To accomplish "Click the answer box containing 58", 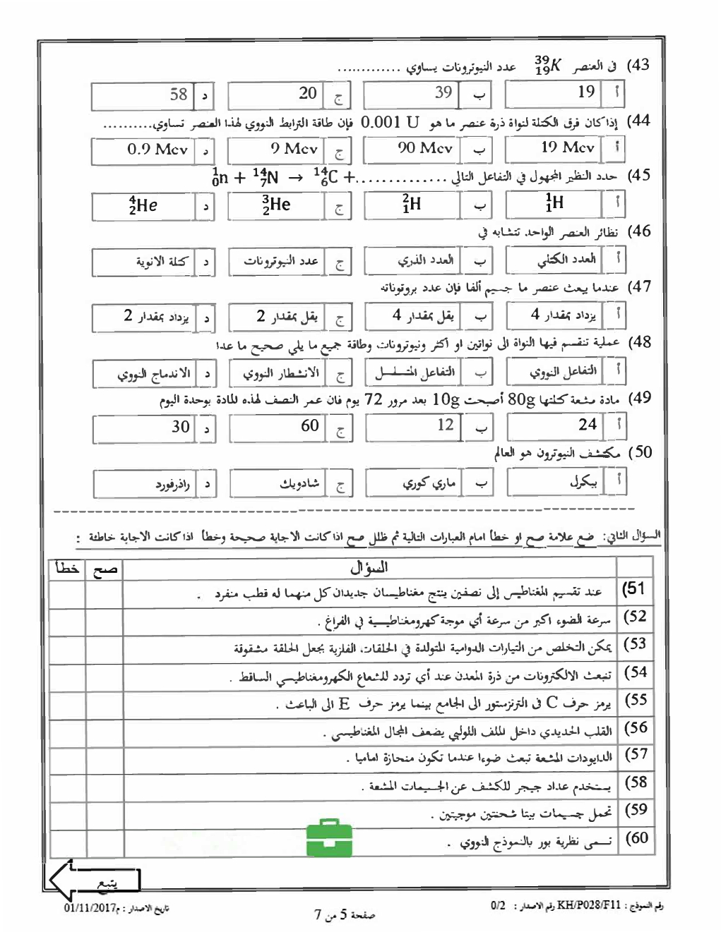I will [144, 95].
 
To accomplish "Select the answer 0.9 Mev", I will [144, 150].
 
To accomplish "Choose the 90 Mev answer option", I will [412, 149].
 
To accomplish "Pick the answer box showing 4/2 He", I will [144, 205].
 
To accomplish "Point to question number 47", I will [639, 286].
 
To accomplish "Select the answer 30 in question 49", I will [144, 428].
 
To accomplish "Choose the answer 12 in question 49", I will [412, 426].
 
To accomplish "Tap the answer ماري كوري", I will [413, 483].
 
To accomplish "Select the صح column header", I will [104, 569].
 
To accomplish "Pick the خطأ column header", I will [67, 569].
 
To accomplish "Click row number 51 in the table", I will [635, 589].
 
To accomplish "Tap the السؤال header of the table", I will [369, 567].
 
